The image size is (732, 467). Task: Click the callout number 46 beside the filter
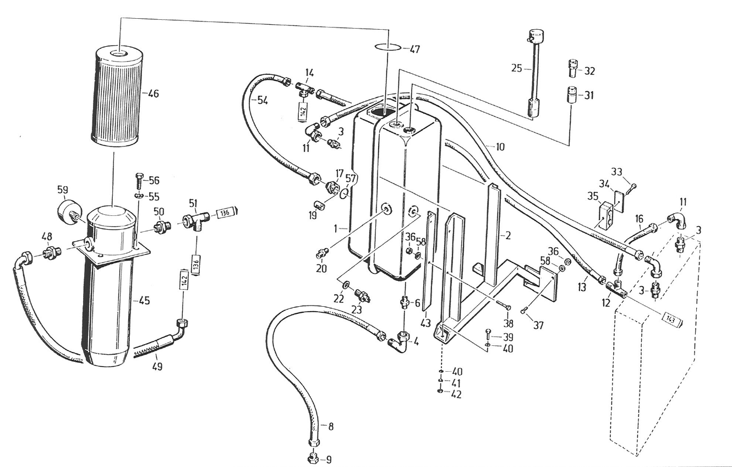pyautogui.click(x=152, y=94)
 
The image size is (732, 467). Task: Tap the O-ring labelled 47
pyautogui.click(x=389, y=47)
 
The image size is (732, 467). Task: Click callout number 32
pyautogui.click(x=589, y=71)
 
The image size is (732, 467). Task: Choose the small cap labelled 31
pyautogui.click(x=570, y=94)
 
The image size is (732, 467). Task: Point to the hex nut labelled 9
pyautogui.click(x=313, y=457)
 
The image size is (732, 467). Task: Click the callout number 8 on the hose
pyautogui.click(x=330, y=426)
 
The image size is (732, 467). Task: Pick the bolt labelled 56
pyautogui.click(x=138, y=180)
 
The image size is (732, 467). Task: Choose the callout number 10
pyautogui.click(x=499, y=147)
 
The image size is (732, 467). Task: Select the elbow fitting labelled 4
pyautogui.click(x=400, y=341)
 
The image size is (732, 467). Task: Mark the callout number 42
pyautogui.click(x=456, y=394)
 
